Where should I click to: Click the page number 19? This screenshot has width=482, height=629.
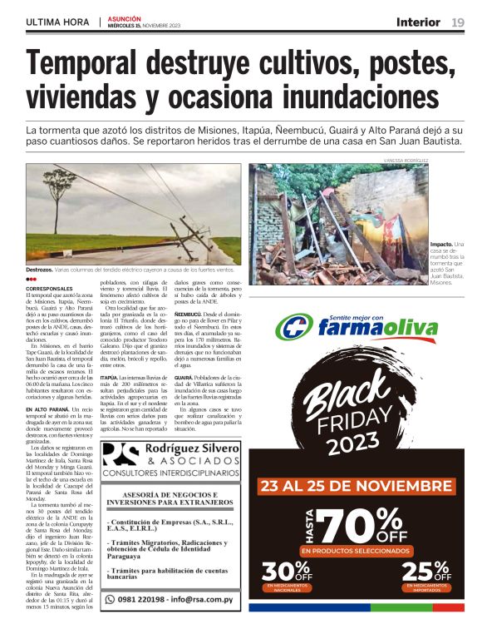pyautogui.click(x=458, y=22)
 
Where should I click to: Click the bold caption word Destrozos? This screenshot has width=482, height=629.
pyautogui.click(x=38, y=270)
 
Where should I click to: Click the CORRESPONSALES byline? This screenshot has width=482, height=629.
pyautogui.click(x=49, y=288)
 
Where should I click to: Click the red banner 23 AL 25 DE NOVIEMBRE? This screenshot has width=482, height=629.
pyautogui.click(x=354, y=486)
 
